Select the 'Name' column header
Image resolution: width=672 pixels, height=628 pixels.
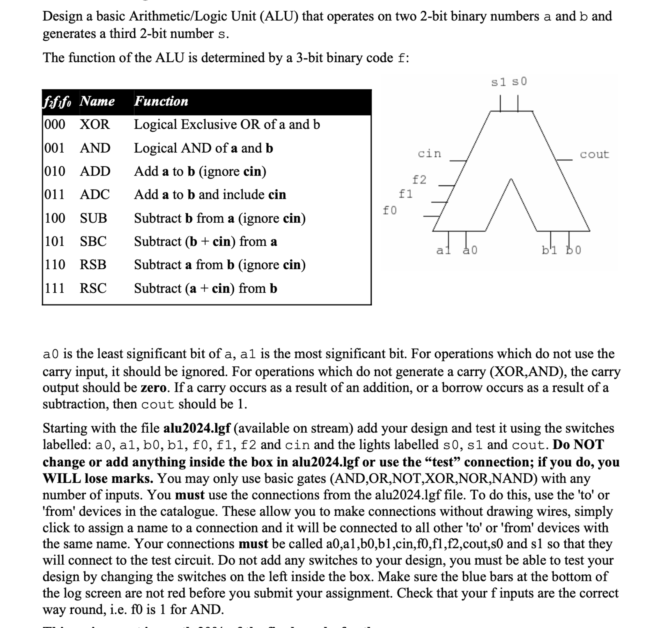click(x=97, y=101)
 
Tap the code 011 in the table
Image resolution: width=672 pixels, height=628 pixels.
click(x=54, y=195)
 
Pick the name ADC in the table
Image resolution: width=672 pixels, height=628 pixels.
click(x=95, y=195)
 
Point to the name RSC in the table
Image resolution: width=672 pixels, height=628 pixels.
click(x=93, y=288)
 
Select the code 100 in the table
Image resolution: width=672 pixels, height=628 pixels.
click(x=55, y=218)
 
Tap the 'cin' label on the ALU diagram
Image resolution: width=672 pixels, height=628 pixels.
click(x=429, y=154)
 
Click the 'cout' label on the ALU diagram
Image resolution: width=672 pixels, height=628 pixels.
click(x=594, y=155)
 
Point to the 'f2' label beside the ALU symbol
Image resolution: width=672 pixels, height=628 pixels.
click(x=419, y=179)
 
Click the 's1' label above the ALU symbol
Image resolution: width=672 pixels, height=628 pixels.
click(x=499, y=82)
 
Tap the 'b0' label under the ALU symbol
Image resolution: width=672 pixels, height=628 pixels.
click(x=574, y=250)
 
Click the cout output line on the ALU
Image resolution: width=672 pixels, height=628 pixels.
click(x=564, y=160)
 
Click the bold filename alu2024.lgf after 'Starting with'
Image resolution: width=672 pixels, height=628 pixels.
click(x=197, y=428)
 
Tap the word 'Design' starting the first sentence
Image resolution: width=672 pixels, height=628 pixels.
click(x=62, y=16)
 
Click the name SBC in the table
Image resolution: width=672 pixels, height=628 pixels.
click(x=93, y=242)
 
